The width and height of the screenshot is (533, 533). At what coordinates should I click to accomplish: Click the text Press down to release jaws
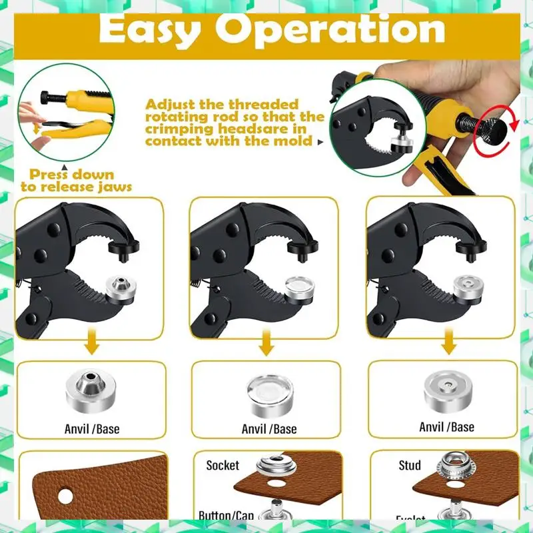pos(76,181)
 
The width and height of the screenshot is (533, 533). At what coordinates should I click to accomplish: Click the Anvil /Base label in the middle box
pos(268,429)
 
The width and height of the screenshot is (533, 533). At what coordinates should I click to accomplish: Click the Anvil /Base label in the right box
pos(446,427)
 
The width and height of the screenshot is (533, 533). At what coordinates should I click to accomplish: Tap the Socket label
pos(223,465)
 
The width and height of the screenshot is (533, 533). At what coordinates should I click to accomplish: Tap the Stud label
pos(409,465)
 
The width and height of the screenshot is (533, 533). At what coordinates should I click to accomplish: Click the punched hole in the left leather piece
pos(65,496)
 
